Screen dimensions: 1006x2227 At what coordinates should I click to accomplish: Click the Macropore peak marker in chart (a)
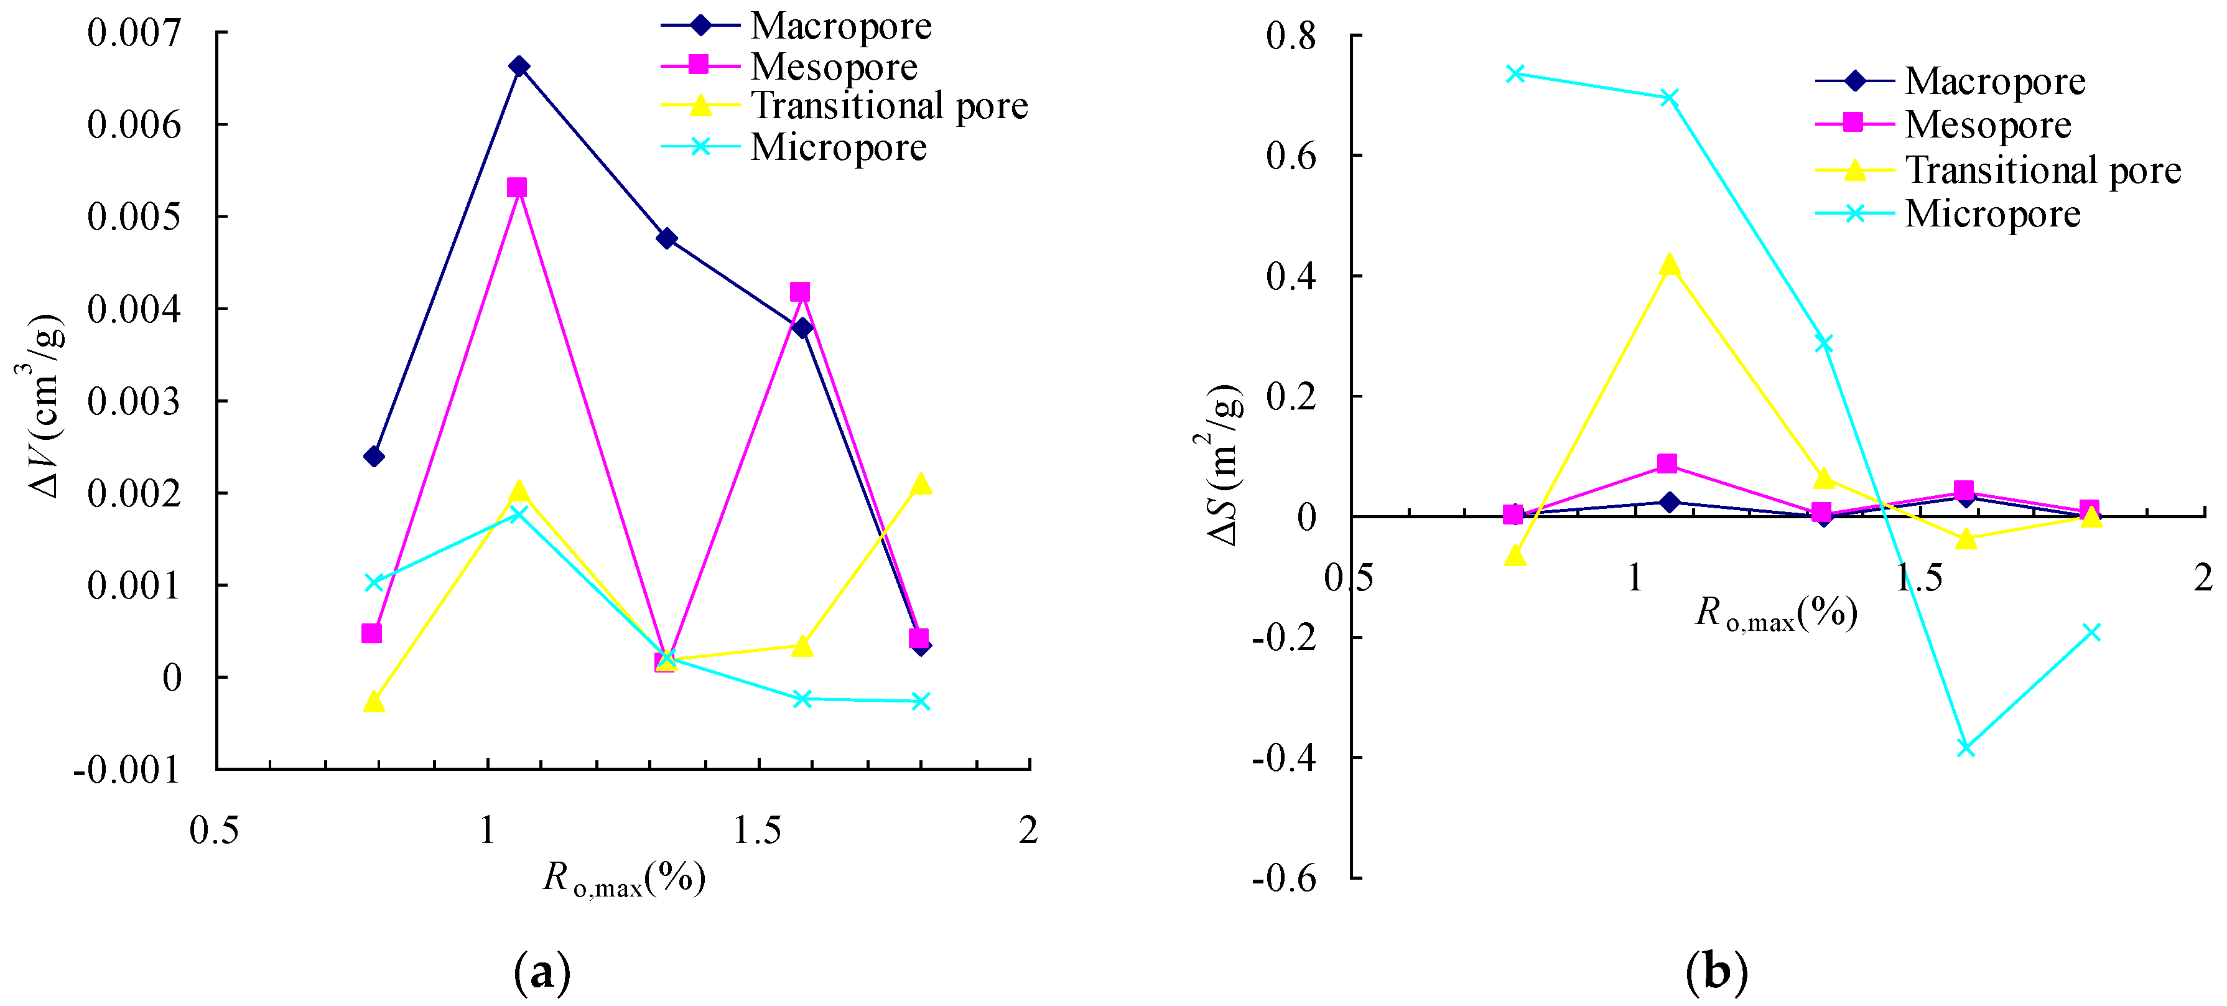coord(519,67)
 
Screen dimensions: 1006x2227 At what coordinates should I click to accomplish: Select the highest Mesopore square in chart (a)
coord(517,187)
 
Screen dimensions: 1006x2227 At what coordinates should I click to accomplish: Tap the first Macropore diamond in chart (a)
coord(373,455)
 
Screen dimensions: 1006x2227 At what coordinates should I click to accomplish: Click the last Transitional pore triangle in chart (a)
coord(921,484)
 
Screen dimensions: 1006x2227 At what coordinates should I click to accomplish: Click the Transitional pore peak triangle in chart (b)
coord(1670,265)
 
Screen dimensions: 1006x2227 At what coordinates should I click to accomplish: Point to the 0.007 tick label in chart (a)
coord(134,33)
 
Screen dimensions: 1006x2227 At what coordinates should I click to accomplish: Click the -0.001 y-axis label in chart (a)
coord(127,768)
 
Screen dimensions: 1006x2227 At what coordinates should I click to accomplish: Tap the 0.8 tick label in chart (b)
coord(1291,36)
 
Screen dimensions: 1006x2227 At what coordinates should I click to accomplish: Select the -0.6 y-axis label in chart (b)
coord(1284,878)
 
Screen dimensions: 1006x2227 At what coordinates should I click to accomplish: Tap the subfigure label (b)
coord(1716,971)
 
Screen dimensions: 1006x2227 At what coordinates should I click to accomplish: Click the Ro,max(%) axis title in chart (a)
coord(623,879)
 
